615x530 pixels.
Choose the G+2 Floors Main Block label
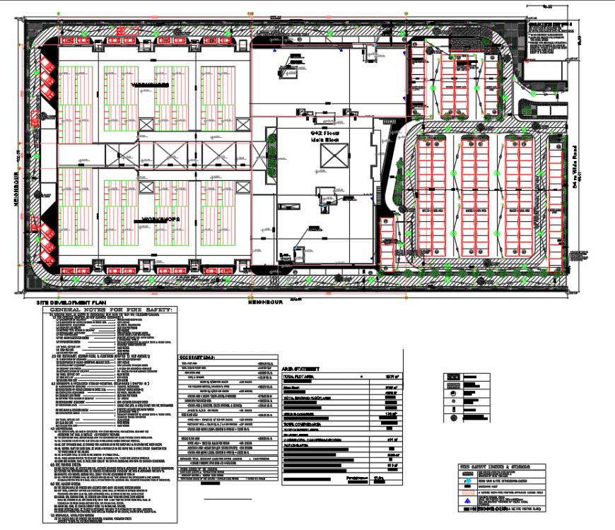(x=325, y=136)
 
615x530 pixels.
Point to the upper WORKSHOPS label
(x=150, y=85)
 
